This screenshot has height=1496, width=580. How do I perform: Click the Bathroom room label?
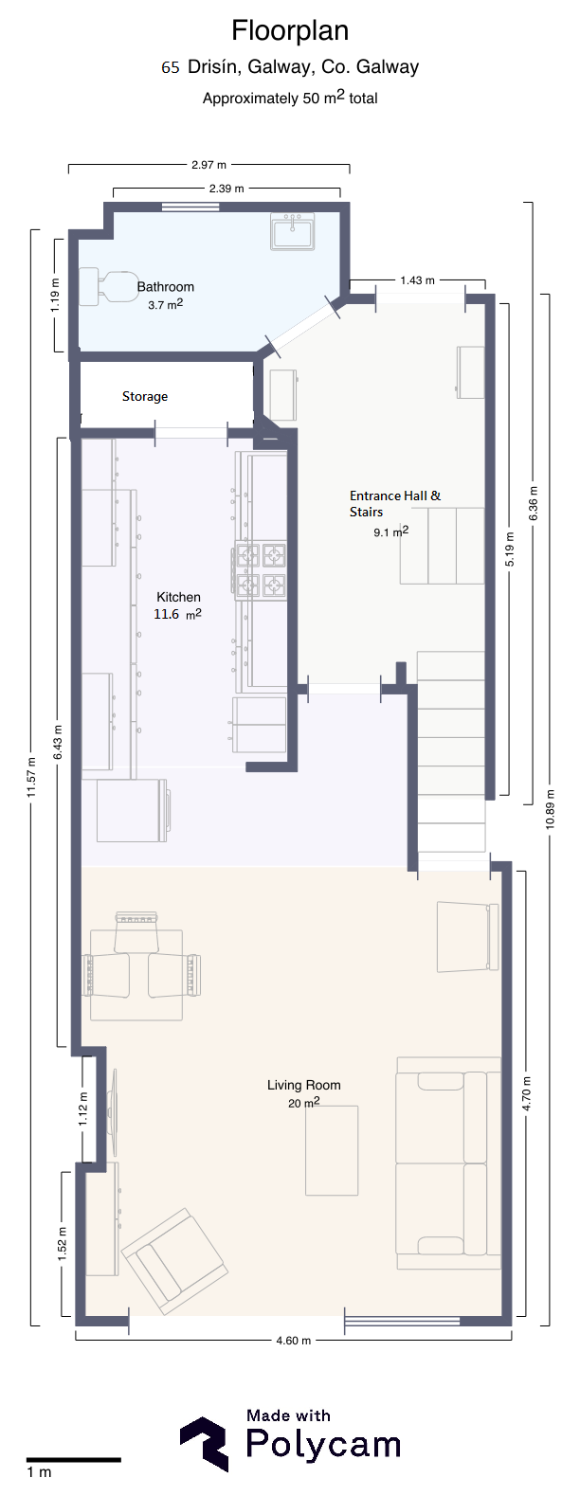click(166, 286)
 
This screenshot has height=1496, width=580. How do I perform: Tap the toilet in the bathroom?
click(107, 286)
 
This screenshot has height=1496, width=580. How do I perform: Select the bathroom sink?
click(292, 231)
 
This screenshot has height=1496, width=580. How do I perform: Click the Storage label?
click(145, 396)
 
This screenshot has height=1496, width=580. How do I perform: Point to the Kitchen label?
click(178, 597)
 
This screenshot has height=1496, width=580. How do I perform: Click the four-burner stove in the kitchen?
click(260, 569)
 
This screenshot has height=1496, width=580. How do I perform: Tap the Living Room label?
click(304, 1085)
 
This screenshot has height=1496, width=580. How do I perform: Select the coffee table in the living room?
click(332, 1151)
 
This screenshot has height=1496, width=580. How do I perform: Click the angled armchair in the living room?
click(173, 1262)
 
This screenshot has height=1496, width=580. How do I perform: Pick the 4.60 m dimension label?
click(294, 1341)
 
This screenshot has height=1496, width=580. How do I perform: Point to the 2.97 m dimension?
click(208, 164)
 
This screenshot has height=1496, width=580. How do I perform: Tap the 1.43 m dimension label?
click(418, 280)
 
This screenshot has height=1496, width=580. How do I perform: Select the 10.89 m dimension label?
click(550, 809)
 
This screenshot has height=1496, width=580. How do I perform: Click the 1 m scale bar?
click(74, 1461)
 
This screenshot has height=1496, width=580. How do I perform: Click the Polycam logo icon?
click(205, 1445)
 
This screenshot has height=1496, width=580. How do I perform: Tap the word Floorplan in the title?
click(290, 30)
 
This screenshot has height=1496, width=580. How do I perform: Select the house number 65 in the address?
click(171, 67)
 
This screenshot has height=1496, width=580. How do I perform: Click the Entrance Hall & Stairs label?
click(395, 504)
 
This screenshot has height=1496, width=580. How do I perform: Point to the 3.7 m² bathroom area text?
click(166, 304)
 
